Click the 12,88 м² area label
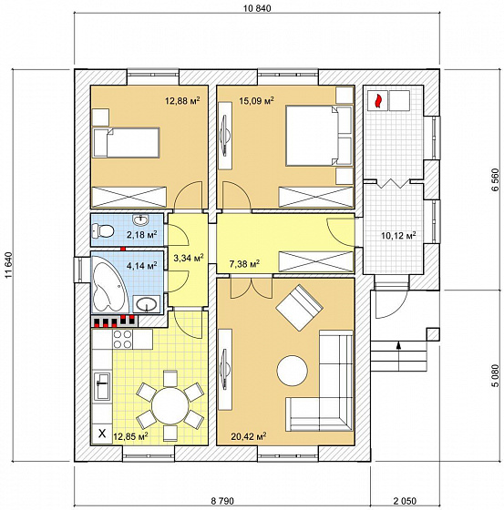tap(182, 100)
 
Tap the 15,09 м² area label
tap(256, 100)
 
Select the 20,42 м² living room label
tap(249, 435)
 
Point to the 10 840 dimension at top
tap(257, 8)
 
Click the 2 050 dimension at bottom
tap(405, 501)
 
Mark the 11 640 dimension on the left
tap(9, 265)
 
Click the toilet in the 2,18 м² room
tap(103, 231)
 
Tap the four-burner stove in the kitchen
tap(122, 339)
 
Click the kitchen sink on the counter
tap(102, 386)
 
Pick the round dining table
tap(170, 405)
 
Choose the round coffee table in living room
tap(293, 371)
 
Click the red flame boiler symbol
tap(377, 101)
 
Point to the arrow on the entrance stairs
tap(398, 355)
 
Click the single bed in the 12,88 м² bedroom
tap(127, 143)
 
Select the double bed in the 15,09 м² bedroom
tap(319, 136)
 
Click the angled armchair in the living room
tap(300, 308)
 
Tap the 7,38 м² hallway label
tap(244, 264)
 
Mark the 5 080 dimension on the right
tap(496, 375)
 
